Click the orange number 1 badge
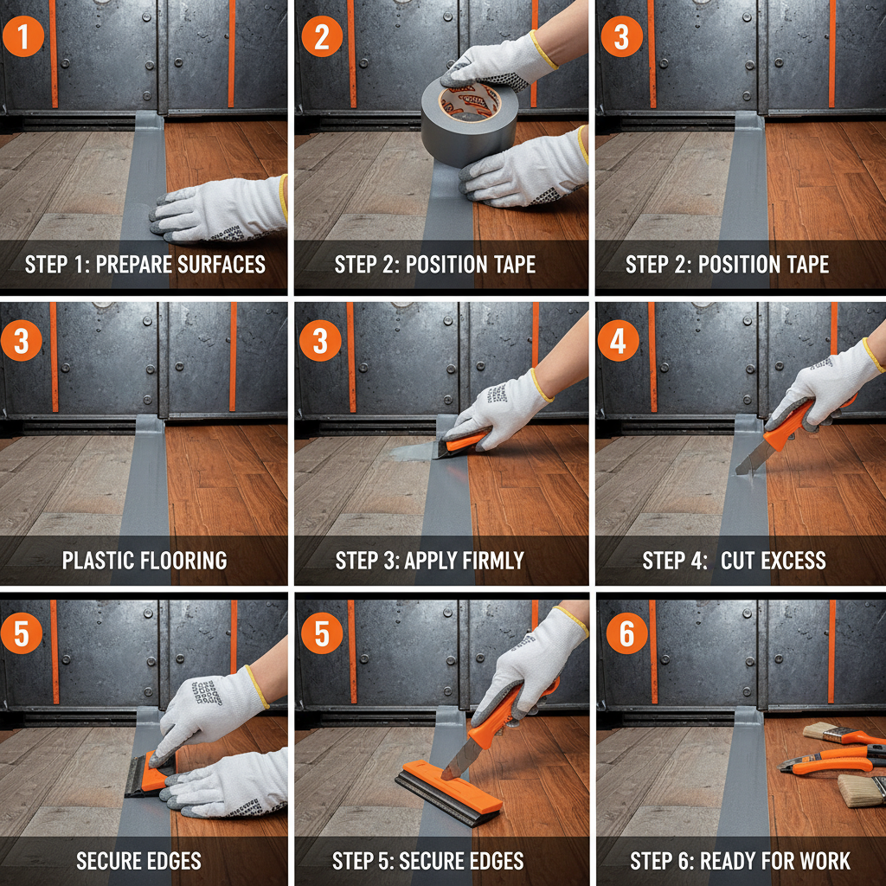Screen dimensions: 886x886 [x=23, y=38]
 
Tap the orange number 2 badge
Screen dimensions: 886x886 [x=322, y=38]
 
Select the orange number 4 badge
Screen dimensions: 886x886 [x=620, y=342]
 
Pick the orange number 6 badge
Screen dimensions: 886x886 [x=626, y=635]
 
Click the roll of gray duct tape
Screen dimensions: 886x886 [x=468, y=121]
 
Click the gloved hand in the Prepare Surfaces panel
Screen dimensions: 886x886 [x=216, y=208]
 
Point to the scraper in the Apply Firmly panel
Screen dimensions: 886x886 [x=462, y=442]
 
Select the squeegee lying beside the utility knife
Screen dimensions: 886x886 [x=450, y=793]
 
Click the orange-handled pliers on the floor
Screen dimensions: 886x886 [x=831, y=761]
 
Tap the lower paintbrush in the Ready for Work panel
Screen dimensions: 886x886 [x=861, y=790]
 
